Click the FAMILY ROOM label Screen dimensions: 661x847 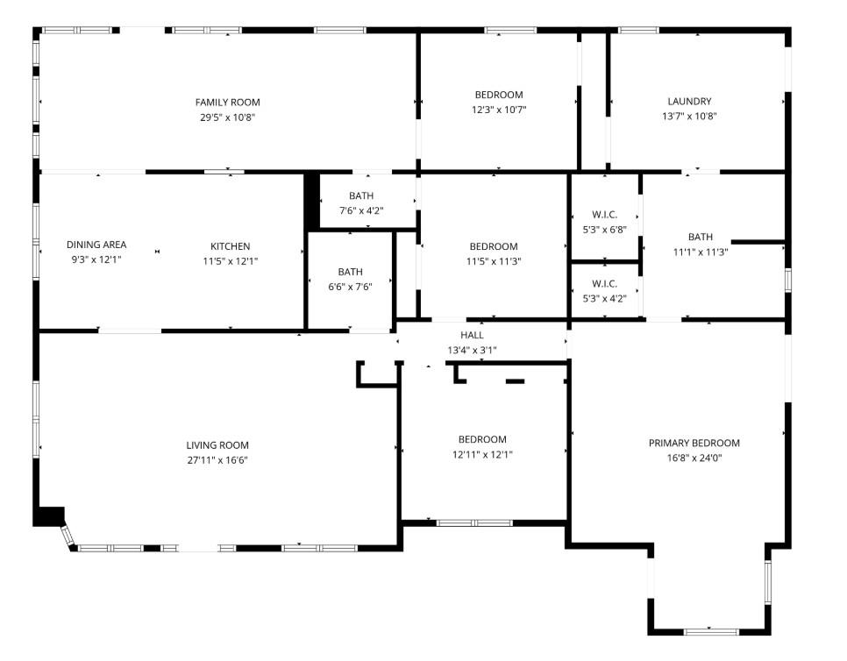(227, 103)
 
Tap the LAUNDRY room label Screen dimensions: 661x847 (689, 102)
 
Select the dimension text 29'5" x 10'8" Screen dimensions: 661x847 (227, 117)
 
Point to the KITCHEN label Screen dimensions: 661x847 (230, 246)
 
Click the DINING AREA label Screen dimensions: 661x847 (96, 245)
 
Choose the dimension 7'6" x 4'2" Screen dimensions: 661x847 (360, 210)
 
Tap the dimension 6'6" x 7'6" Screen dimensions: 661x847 (350, 287)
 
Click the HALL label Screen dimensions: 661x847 (472, 335)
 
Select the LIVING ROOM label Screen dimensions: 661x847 (217, 445)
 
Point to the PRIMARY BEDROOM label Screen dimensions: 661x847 (694, 444)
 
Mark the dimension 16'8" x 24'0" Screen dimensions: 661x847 (694, 458)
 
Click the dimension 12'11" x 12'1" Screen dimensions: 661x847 (482, 454)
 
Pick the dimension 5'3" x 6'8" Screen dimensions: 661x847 (604, 231)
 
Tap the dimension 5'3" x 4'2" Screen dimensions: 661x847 (604, 298)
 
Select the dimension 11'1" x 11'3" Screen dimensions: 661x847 (700, 252)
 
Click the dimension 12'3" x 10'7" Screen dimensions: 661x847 (499, 110)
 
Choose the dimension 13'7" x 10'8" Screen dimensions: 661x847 (689, 116)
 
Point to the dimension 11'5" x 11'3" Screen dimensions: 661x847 (494, 261)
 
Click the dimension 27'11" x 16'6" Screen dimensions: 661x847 (217, 459)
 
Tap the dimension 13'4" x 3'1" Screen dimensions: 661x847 (472, 350)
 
